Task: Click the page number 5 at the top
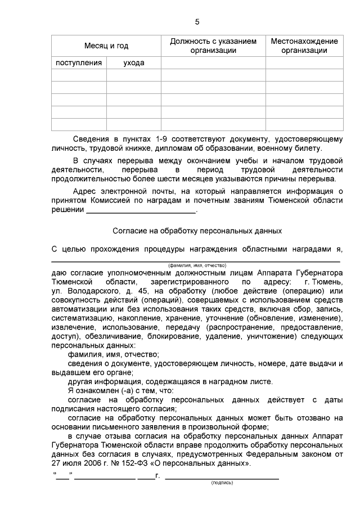[197, 22]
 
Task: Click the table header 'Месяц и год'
[106, 46]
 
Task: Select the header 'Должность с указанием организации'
[213, 46]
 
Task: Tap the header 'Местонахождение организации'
[304, 46]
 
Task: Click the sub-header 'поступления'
[79, 63]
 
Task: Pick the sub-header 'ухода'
[134, 63]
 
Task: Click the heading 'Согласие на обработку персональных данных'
[197, 231]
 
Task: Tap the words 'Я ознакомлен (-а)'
[98, 390]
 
